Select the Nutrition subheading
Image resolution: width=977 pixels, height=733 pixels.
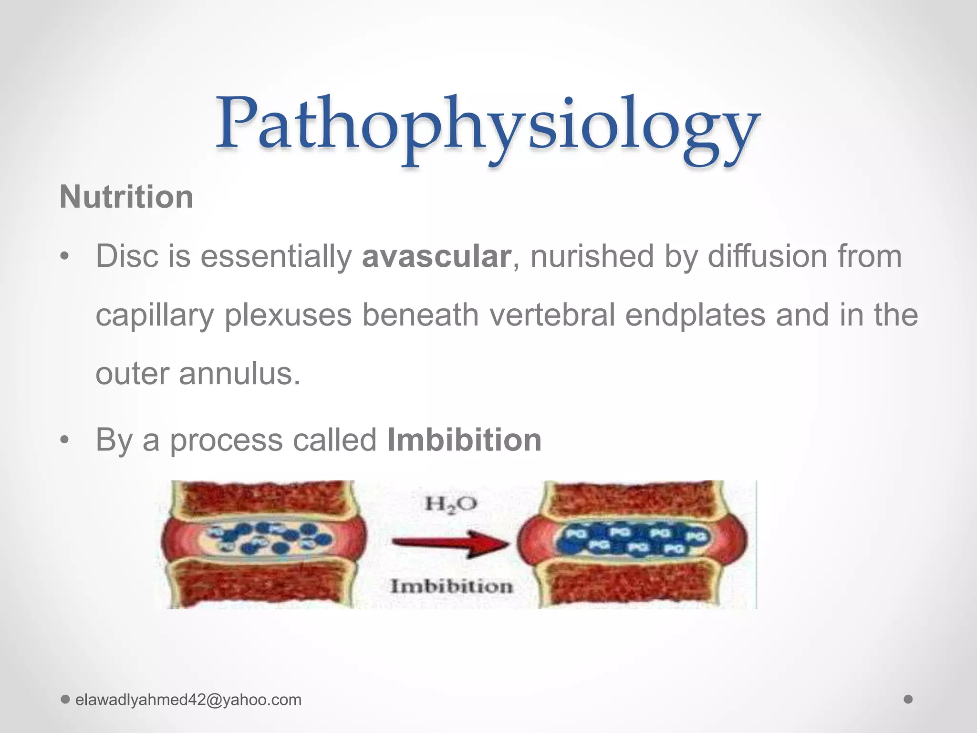(126, 197)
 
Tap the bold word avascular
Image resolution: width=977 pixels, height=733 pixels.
(436, 256)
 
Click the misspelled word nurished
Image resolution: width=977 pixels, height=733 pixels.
(592, 256)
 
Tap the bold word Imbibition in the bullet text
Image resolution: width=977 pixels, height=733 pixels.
(464, 440)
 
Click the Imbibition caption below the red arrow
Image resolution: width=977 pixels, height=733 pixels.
(451, 586)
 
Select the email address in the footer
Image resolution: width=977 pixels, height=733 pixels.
(188, 700)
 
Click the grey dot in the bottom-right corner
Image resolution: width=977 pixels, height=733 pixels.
(908, 700)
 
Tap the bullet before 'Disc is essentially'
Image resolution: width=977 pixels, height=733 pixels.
(65, 258)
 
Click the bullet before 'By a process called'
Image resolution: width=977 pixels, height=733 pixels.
(65, 441)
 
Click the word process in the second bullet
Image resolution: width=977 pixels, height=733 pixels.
(226, 440)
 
